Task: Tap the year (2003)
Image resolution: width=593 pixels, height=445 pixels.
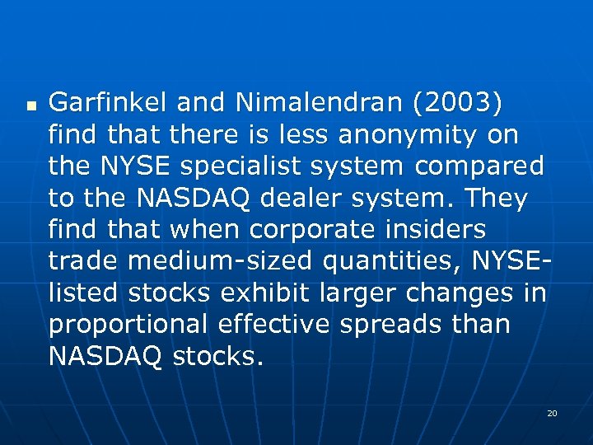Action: coord(457,103)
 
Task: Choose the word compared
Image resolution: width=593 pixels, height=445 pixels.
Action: coord(479,166)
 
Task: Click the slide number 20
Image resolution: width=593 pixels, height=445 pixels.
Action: coord(552,412)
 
